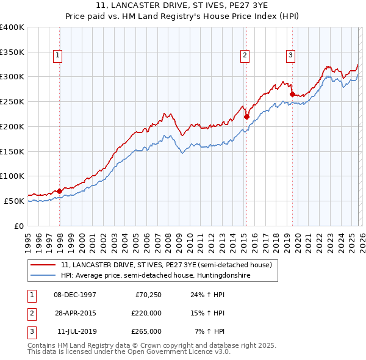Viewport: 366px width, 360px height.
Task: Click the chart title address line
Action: (x=183, y=5)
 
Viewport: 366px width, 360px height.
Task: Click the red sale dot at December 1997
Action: (x=60, y=191)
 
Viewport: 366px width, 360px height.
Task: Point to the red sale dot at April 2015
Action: (x=246, y=117)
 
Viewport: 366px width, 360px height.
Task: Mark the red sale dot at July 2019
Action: (x=292, y=94)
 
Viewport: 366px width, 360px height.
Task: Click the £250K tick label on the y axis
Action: (x=12, y=101)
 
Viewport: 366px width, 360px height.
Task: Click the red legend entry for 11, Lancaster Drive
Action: (x=170, y=265)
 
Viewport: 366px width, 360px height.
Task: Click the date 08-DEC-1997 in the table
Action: (x=75, y=295)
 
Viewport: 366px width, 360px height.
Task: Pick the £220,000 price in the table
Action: (x=146, y=313)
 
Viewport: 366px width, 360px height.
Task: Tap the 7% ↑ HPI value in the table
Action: (x=210, y=331)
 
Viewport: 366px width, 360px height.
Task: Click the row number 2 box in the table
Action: (x=31, y=313)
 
